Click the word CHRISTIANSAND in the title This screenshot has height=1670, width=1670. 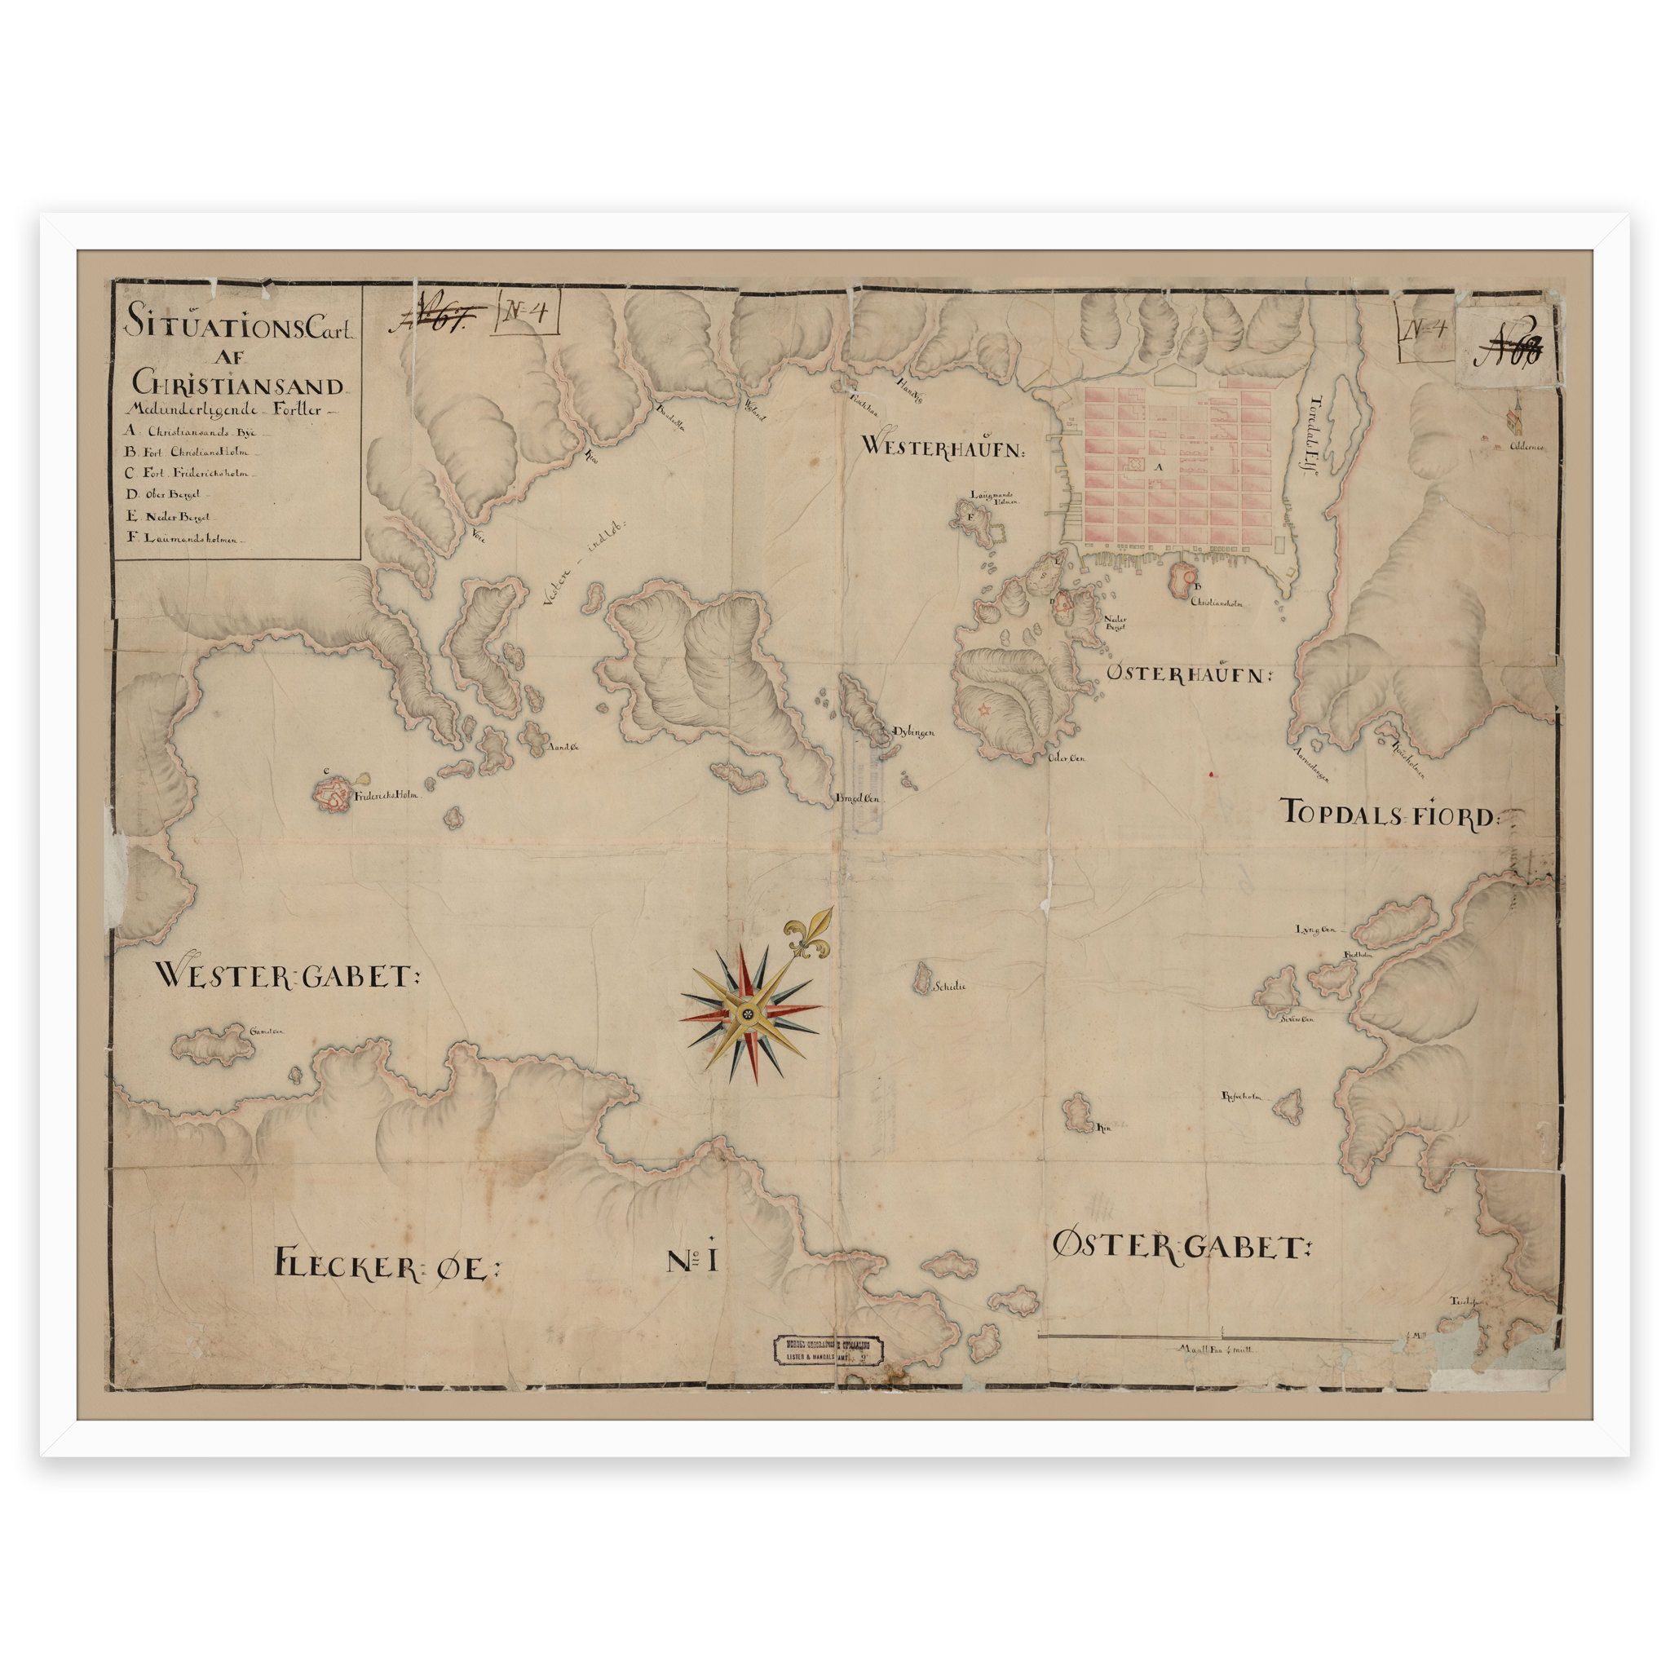click(238, 382)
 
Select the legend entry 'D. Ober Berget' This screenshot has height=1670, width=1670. click(164, 494)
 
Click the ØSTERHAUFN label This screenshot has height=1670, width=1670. click(1190, 674)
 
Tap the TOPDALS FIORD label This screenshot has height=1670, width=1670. click(1391, 813)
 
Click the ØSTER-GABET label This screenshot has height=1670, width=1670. click(1181, 1247)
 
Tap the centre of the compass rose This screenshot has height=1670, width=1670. click(749, 1012)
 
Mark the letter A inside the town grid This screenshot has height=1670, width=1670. click(1160, 466)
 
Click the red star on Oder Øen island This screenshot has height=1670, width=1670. click(983, 709)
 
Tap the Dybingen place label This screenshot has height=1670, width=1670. click(913, 732)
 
